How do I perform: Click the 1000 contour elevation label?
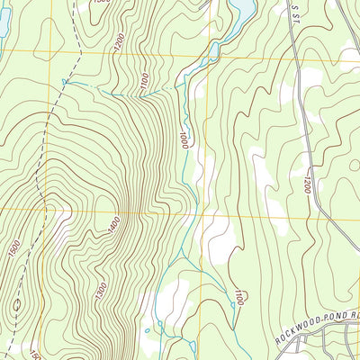[184, 140]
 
